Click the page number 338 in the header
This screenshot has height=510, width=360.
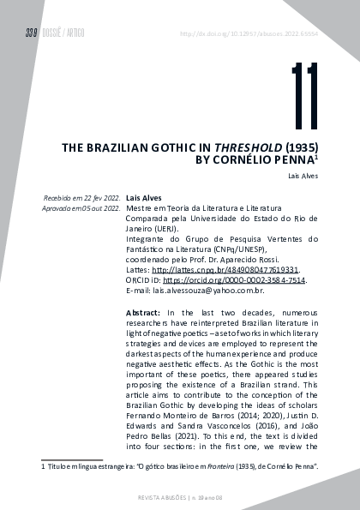coord(31,33)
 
